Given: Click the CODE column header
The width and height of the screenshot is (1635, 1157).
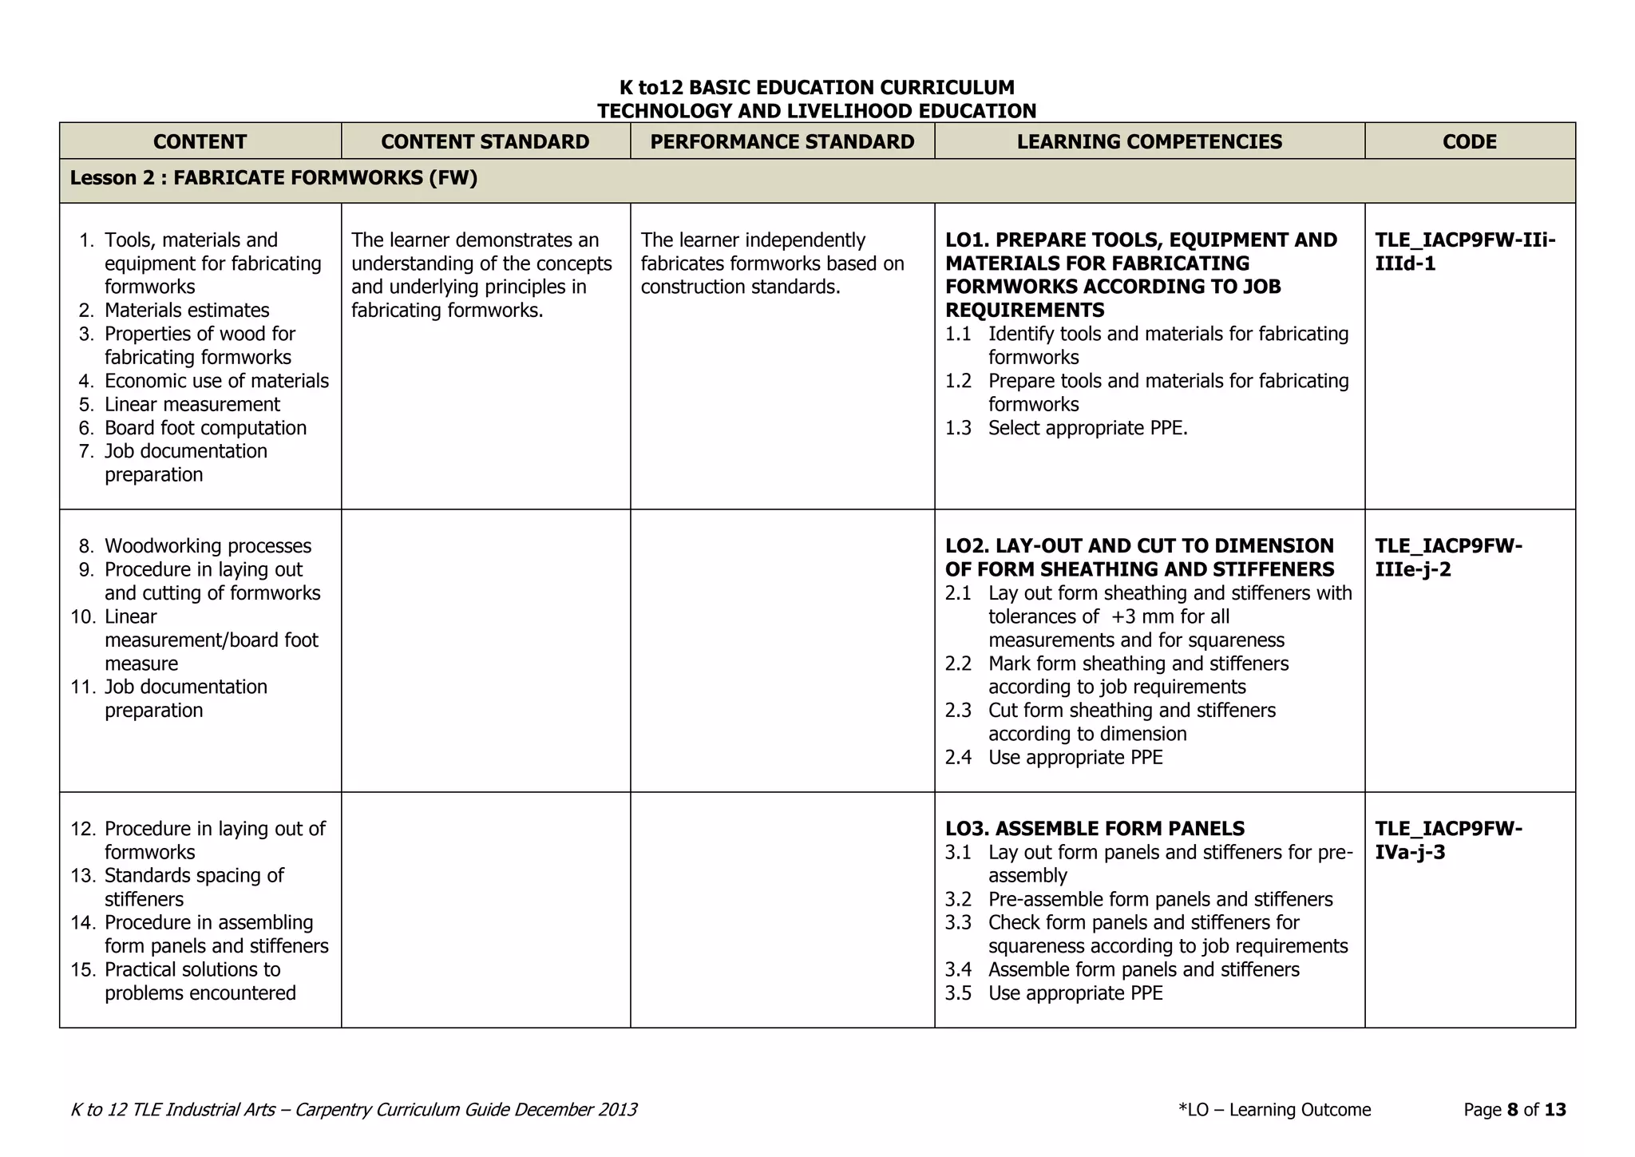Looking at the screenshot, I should tap(1469, 141).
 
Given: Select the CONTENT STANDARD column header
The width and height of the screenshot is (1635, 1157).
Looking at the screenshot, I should tap(485, 141).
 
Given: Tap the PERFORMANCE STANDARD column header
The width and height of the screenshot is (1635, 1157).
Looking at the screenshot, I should tap(782, 141).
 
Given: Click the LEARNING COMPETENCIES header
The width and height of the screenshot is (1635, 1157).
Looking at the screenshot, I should tap(1149, 141).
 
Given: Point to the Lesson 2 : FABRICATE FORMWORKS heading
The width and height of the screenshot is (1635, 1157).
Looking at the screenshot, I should tap(273, 178).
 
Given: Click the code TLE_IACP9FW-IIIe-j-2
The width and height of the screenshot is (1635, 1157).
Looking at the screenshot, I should tap(1447, 557).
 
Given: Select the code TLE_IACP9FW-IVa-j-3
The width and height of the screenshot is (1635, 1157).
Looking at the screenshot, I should tap(1447, 840).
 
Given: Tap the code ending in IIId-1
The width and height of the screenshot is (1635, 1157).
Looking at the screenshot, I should tap(1464, 252).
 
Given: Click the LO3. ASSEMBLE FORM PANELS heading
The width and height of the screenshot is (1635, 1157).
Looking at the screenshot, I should tap(1095, 829).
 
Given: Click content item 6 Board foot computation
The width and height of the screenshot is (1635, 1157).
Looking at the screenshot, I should tap(204, 428).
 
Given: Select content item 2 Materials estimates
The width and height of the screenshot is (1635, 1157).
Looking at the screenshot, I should tap(186, 311).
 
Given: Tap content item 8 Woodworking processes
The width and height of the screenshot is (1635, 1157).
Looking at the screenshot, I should tap(207, 546).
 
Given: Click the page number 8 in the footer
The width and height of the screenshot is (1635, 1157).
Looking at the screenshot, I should tap(1512, 1110).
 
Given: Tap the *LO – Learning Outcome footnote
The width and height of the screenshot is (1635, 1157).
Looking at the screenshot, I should tap(1274, 1110).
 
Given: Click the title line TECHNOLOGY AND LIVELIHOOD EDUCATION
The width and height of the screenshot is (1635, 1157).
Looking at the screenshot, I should tap(816, 111).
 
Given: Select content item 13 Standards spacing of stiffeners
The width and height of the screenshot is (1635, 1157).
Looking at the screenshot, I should tap(193, 887).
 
